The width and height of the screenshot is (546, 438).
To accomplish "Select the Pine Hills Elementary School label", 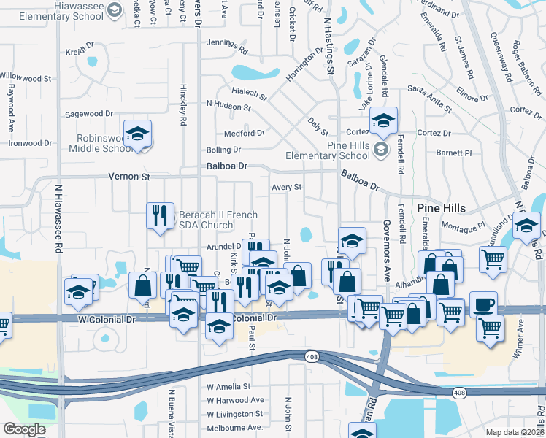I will coord(338,150).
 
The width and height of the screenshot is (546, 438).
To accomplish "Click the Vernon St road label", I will coord(129,177).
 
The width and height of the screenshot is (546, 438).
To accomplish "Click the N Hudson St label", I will coord(228,106).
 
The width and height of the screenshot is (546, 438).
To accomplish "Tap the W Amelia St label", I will coord(228,387).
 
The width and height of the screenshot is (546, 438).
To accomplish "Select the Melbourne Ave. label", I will coord(234,427).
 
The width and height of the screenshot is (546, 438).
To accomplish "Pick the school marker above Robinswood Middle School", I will coord(137,133).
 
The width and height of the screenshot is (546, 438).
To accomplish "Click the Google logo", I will coord(24,429).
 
